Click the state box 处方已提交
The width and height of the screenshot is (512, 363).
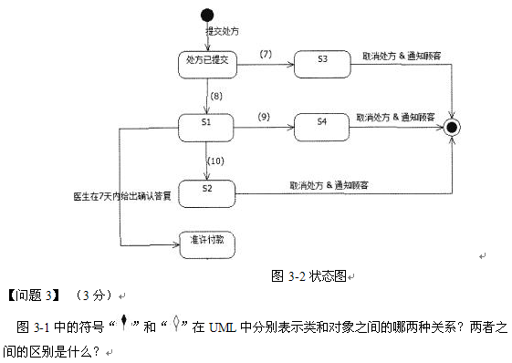click(x=207, y=61)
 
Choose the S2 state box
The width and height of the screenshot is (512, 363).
click(x=207, y=190)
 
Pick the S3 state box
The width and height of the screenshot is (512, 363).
click(x=322, y=61)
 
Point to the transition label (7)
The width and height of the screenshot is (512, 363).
click(x=266, y=55)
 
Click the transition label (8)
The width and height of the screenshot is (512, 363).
click(x=216, y=96)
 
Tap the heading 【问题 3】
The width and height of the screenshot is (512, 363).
click(x=33, y=295)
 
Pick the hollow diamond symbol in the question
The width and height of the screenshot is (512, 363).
click(x=175, y=324)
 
